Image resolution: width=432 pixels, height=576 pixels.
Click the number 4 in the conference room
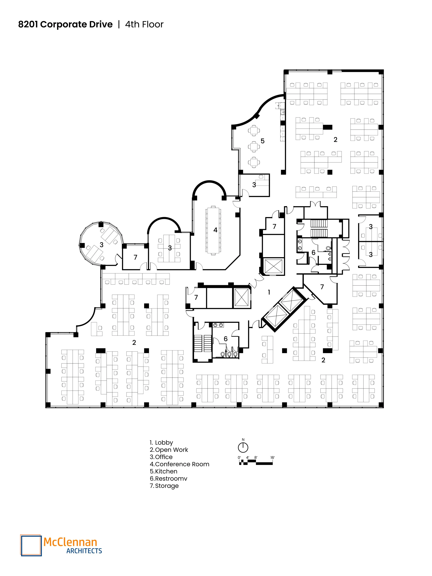coord(215,230)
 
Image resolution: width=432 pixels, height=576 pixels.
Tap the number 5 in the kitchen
coord(262,141)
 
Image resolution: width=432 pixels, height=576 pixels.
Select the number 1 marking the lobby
coord(269,292)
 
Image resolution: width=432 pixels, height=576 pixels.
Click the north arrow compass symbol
coord(243,447)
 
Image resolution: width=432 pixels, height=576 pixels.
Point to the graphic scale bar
coord(256,462)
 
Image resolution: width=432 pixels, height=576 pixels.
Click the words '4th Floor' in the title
coord(144,25)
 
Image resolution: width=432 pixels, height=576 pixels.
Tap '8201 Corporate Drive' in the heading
coord(65,25)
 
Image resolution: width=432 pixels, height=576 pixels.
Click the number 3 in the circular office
coord(102,245)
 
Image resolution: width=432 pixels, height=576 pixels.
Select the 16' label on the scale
coord(272,457)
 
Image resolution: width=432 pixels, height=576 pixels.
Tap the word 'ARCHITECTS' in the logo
coord(84,551)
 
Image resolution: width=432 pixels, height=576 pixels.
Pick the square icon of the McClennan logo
coord(31,545)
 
